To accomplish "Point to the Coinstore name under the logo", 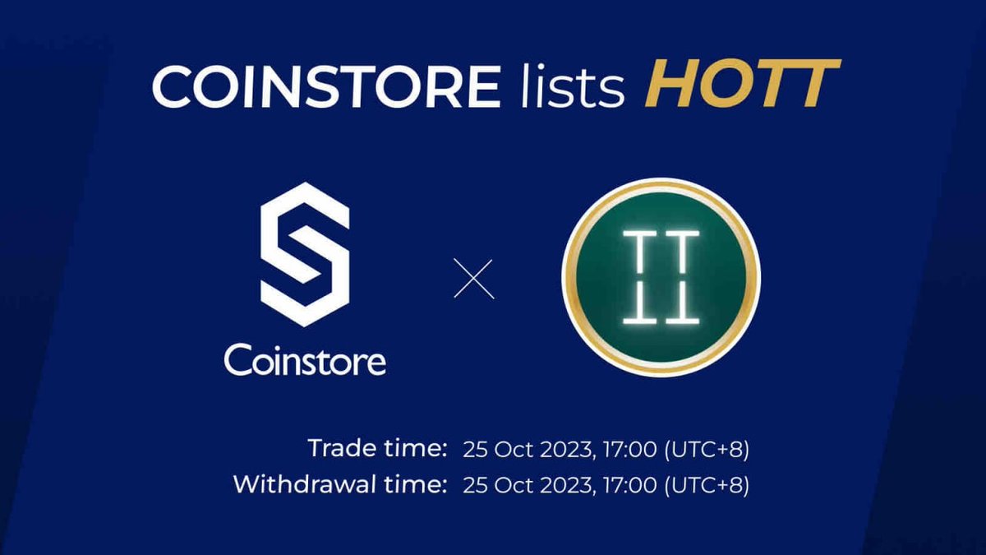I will click(305, 359).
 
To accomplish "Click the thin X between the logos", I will click(475, 279).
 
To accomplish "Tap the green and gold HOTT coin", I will click(661, 277).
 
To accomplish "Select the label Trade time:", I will click(377, 449).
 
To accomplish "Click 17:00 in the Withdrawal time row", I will click(632, 485).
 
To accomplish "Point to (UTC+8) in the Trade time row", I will click(707, 450).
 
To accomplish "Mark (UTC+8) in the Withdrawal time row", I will click(707, 485).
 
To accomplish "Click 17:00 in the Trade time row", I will click(632, 450).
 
